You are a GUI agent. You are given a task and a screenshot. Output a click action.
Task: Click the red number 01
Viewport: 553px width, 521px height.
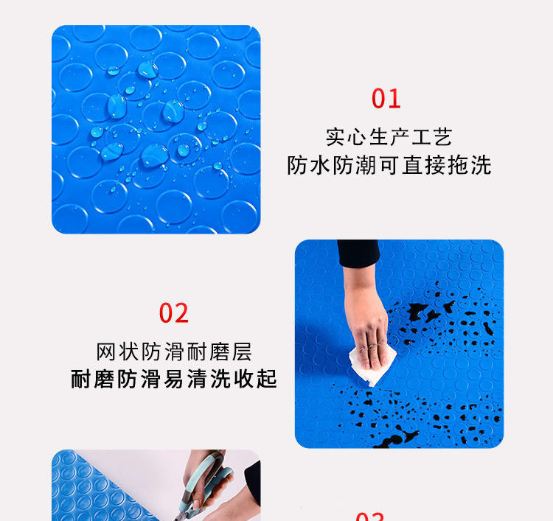point(386,99)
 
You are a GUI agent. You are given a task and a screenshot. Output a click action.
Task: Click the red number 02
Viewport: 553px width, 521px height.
point(174,313)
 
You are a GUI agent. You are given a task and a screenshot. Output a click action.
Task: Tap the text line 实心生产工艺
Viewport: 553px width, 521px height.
point(389,136)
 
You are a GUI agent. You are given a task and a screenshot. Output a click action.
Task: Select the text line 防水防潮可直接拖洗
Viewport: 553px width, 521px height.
point(389,165)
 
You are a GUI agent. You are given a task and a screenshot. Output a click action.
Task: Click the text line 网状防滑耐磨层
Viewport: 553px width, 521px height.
point(174,351)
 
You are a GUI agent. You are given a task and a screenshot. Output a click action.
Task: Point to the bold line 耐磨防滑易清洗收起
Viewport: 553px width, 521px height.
point(174,379)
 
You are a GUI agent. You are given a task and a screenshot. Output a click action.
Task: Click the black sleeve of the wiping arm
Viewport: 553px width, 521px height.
point(358,254)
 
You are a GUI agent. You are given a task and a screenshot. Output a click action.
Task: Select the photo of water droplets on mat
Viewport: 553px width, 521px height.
point(156,130)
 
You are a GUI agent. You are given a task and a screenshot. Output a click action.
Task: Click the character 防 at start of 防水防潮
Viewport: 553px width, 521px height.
point(296,165)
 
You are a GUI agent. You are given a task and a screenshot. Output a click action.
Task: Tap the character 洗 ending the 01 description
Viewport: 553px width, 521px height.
point(481,165)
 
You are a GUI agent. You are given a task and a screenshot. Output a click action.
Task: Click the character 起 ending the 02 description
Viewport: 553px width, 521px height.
point(268,379)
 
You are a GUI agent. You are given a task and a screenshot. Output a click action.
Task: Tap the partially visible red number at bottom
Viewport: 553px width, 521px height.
point(369,516)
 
